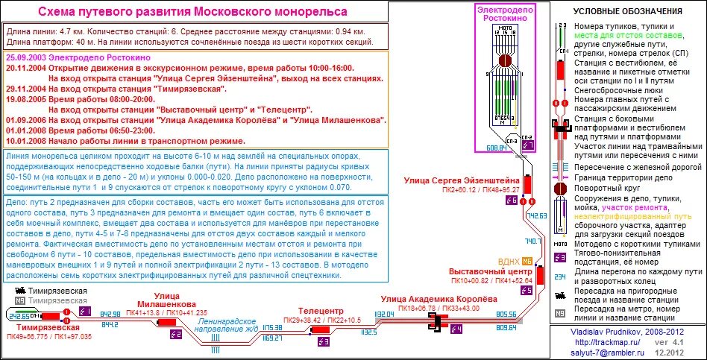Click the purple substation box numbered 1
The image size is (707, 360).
[x=84, y=311]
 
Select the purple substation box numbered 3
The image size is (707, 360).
[x=323, y=341]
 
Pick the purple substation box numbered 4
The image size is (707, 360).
[x=456, y=329]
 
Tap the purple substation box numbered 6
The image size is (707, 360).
[x=527, y=145]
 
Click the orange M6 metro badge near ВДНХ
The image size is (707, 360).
[x=527, y=261]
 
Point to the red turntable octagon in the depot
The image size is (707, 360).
[x=505, y=60]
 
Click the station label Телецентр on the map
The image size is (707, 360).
[x=320, y=311]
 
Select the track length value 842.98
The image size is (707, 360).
[x=110, y=315]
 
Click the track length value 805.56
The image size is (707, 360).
[x=506, y=315]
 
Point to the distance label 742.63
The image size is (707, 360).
[x=536, y=215]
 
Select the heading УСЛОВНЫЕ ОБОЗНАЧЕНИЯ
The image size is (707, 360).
[x=627, y=12]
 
